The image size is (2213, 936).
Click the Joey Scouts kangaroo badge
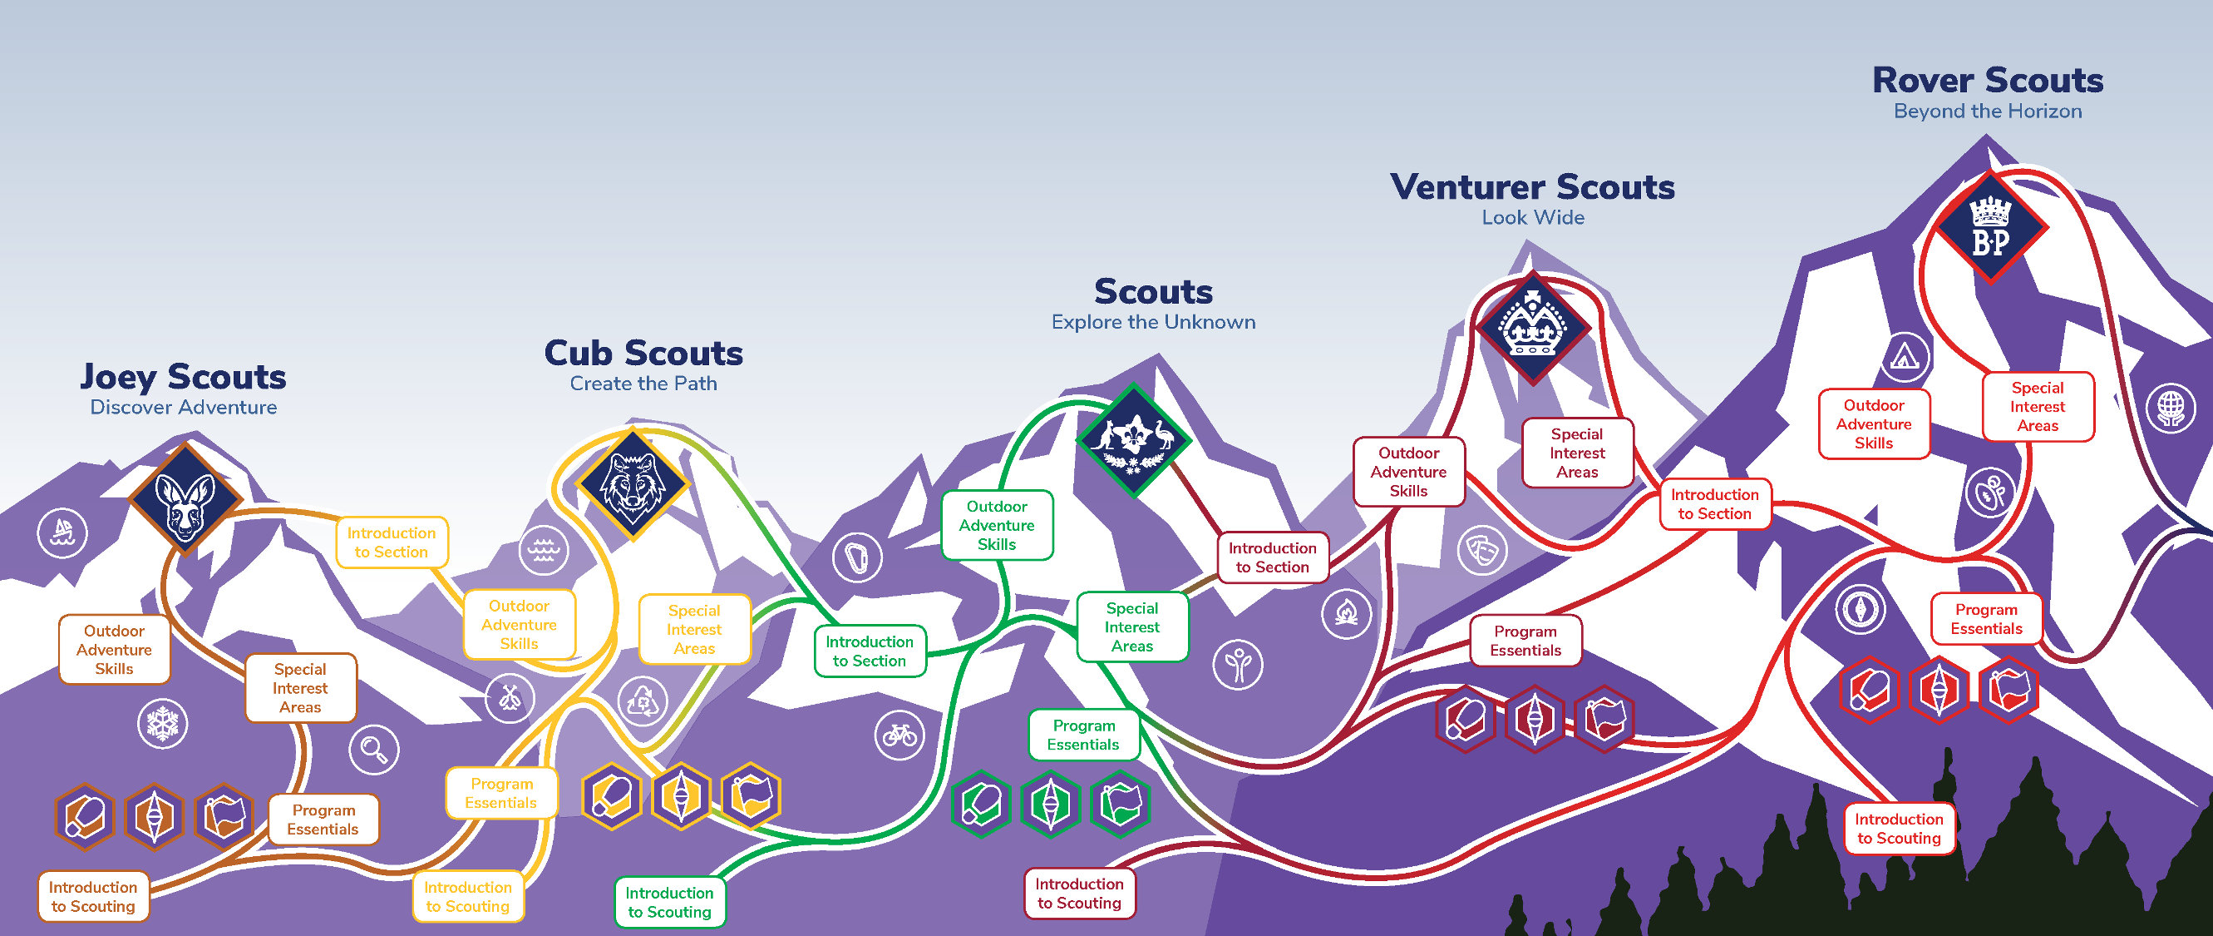tap(185, 499)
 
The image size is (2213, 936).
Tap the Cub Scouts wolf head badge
tap(633, 484)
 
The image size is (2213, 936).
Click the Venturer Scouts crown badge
tap(1534, 328)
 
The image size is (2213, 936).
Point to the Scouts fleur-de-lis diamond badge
tap(1134, 440)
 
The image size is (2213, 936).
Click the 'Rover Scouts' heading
tap(1987, 81)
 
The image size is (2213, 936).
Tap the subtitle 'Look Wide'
tap(1533, 218)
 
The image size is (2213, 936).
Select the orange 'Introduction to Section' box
tap(392, 542)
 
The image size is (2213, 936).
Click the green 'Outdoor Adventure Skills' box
tap(997, 525)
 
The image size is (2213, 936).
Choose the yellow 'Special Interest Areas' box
tap(694, 629)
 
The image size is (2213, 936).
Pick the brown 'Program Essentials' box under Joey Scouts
tap(323, 820)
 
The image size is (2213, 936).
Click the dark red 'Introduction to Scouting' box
tap(1079, 893)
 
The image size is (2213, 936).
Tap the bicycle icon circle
tap(899, 735)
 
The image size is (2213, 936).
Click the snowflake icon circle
tap(162, 724)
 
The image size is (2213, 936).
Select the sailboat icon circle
tap(62, 532)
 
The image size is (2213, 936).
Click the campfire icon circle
tap(1346, 613)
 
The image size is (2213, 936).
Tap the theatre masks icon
tap(1483, 550)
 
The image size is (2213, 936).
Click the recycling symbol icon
tap(642, 701)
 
